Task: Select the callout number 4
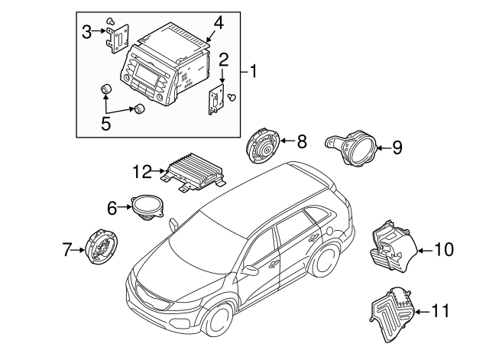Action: pyautogui.click(x=219, y=22)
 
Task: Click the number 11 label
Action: pyautogui.click(x=441, y=311)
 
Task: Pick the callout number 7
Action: pyautogui.click(x=67, y=248)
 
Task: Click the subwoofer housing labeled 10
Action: pyautogui.click(x=392, y=247)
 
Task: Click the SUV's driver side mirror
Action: pyautogui.click(x=251, y=270)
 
